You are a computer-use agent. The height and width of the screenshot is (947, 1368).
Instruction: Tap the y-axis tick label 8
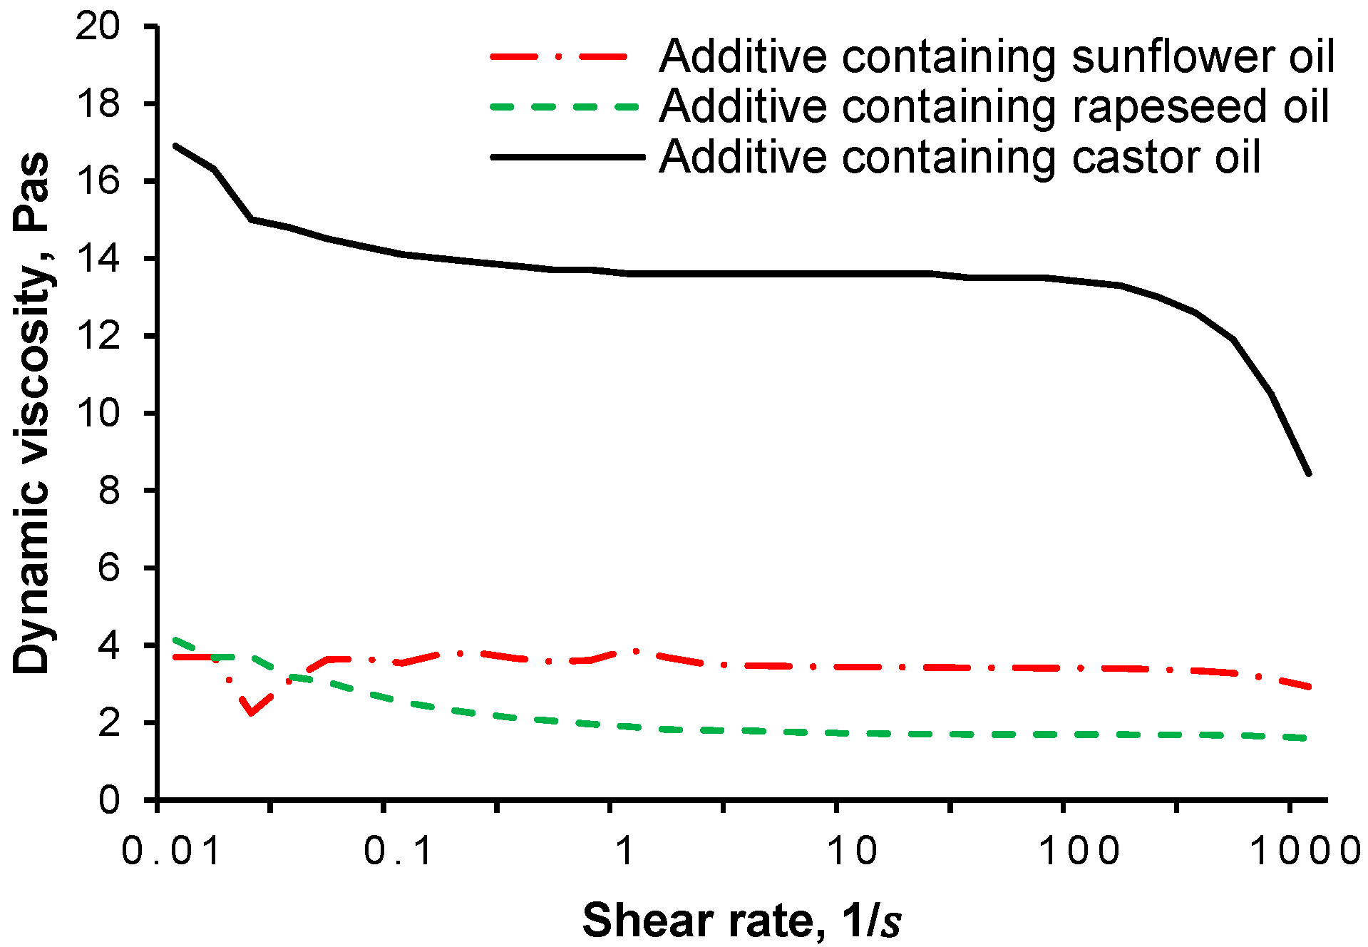pyautogui.click(x=108, y=491)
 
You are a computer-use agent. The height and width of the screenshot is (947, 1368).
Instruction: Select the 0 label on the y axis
pyautogui.click(x=108, y=800)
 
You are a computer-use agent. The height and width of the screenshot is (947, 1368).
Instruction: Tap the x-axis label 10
pyautogui.click(x=852, y=851)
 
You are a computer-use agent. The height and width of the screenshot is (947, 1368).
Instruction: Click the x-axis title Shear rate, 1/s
pyautogui.click(x=741, y=921)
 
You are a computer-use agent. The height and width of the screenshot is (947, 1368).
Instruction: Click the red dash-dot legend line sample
pyautogui.click(x=560, y=56)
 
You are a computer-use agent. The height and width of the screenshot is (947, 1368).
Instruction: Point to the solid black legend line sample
pyautogui.click(x=567, y=156)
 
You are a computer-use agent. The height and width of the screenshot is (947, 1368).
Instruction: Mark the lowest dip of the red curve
pyautogui.click(x=251, y=712)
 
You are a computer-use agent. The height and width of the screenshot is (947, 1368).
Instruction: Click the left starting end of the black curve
pyautogui.click(x=175, y=145)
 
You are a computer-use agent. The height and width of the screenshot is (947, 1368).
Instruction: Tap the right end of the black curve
pyautogui.click(x=1309, y=473)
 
